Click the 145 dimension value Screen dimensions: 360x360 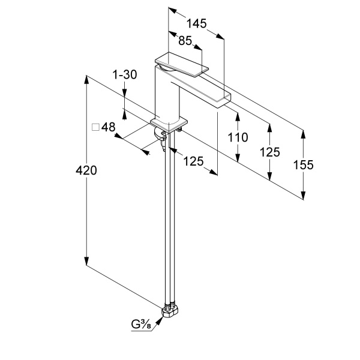pos(196,23)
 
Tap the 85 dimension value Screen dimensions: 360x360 pos(185,41)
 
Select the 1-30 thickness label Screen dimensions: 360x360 pos(125,74)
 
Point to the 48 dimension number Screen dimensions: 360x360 pos(108,127)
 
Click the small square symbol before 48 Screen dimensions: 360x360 pos(95,127)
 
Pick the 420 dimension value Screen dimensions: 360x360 pos(86,170)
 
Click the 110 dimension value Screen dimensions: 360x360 pos(238,137)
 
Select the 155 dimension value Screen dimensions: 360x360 pos(303,164)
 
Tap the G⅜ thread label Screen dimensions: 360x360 pos(141,325)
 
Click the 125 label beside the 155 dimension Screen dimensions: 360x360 pos(270,152)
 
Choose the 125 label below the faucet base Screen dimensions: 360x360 pos(193,161)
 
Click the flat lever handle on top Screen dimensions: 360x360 pos(182,64)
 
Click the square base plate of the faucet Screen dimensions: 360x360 pos(169,125)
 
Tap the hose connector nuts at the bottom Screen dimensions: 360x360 pos(170,310)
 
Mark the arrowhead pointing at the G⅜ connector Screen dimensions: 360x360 pos(160,320)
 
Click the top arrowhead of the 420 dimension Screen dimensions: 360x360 pos(86,80)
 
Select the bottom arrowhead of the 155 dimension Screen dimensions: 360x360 pos(303,195)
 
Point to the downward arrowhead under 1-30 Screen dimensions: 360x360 pos(124,94)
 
